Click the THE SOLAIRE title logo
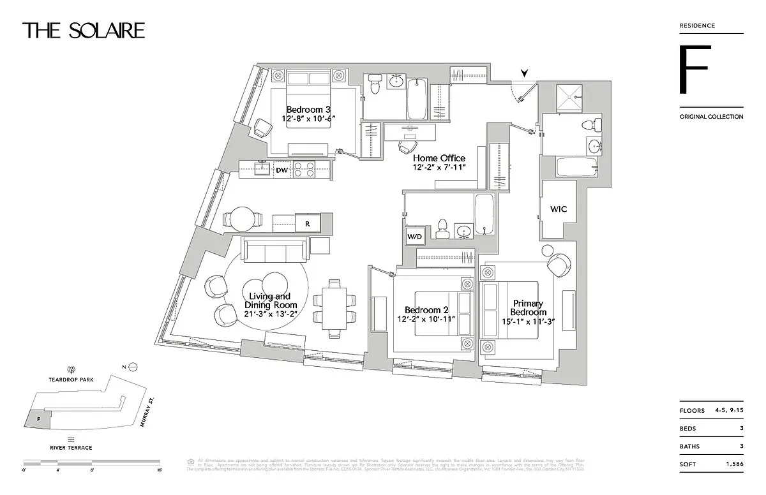[84, 30]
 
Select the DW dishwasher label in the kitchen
[282, 170]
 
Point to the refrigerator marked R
[307, 224]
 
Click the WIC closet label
[558, 209]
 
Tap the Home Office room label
[439, 158]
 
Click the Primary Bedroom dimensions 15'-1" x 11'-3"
[527, 322]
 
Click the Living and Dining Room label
[269, 297]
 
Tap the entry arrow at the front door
[524, 74]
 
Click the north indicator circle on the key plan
[133, 366]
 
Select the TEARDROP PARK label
[71, 378]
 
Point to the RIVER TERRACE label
[70, 448]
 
